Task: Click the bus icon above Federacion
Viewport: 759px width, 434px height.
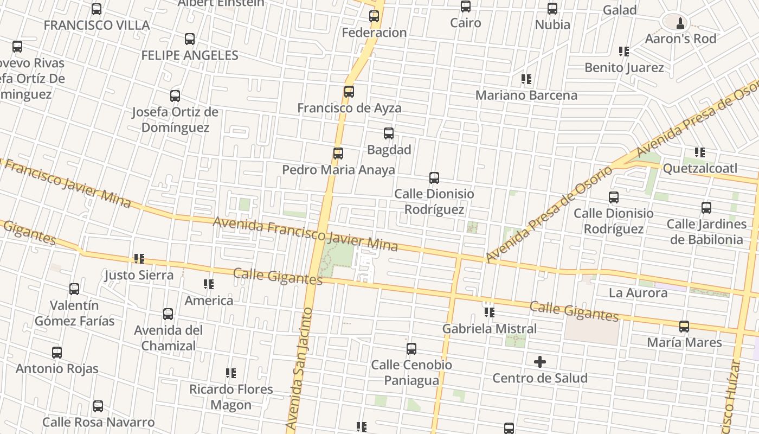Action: pyautogui.click(x=374, y=16)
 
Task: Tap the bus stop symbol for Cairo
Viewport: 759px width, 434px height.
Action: pyautogui.click(x=466, y=7)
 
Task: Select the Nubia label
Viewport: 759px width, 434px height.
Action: pyautogui.click(x=552, y=25)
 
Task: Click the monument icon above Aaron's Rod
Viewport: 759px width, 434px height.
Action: pyautogui.click(x=680, y=23)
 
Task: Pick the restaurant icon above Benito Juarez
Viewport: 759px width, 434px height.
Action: pyautogui.click(x=624, y=52)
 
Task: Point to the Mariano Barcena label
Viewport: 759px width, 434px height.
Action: pyautogui.click(x=526, y=95)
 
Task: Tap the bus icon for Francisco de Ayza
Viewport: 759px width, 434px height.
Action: pyautogui.click(x=349, y=92)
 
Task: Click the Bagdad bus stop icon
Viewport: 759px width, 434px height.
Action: pyautogui.click(x=389, y=133)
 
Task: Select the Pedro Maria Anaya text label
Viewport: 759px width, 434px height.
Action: pyautogui.click(x=338, y=170)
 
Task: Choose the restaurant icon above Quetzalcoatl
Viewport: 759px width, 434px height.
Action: pyautogui.click(x=700, y=152)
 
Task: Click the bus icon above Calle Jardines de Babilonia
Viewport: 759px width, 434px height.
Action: pyautogui.click(x=706, y=208)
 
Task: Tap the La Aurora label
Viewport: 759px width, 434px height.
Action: pyautogui.click(x=638, y=293)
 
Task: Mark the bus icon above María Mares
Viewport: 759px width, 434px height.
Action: pyautogui.click(x=684, y=327)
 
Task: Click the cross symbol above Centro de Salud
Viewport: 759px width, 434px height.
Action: pyautogui.click(x=540, y=362)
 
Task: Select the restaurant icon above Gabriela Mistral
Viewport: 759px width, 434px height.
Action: pyautogui.click(x=490, y=312)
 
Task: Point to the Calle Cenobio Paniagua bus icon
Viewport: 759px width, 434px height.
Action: pyautogui.click(x=411, y=349)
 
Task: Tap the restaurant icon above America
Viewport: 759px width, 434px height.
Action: pyautogui.click(x=209, y=284)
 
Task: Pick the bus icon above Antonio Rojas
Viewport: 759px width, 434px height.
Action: pyautogui.click(x=57, y=353)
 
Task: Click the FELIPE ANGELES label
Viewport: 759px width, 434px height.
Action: pyautogui.click(x=190, y=55)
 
